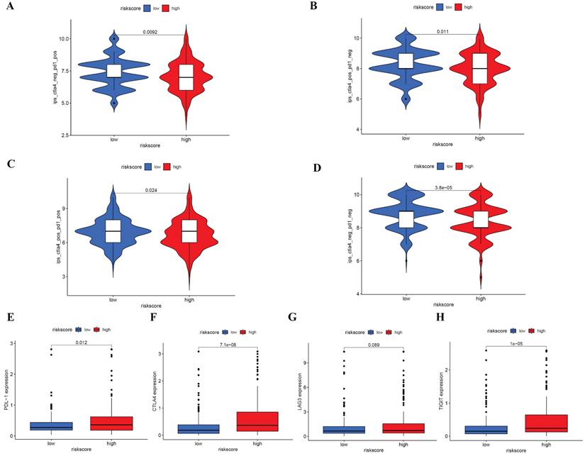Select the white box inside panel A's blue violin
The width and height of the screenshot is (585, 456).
point(114,71)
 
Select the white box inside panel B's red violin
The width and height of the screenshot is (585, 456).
point(479,68)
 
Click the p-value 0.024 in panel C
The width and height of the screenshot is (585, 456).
point(150,190)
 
